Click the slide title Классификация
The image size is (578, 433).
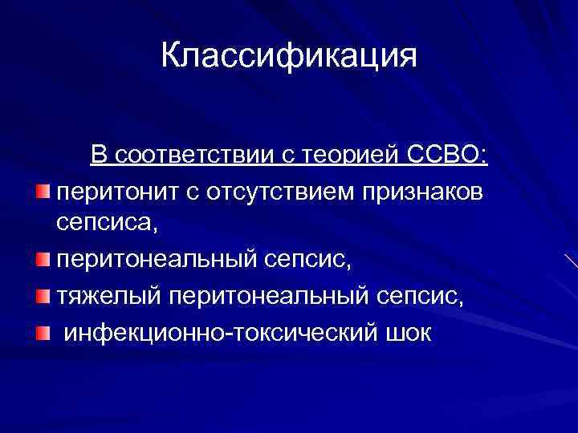(289, 57)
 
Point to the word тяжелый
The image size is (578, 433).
(108, 297)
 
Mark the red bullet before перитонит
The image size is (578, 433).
(43, 192)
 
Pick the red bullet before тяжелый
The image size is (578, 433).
(43, 297)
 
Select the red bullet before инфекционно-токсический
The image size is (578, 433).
(43, 331)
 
